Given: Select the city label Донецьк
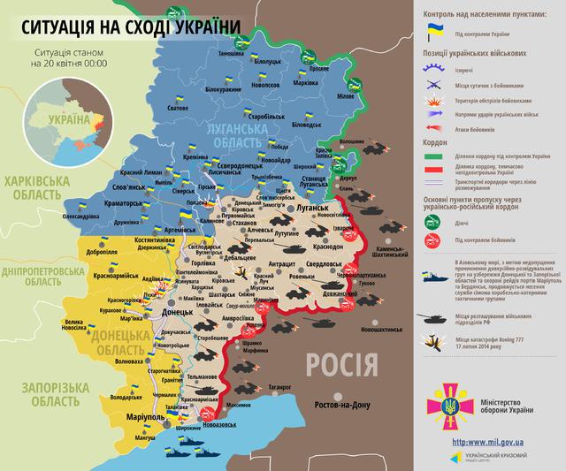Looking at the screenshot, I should point(160,312).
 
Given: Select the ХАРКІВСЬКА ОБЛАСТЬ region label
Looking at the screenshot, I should point(37,186).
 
